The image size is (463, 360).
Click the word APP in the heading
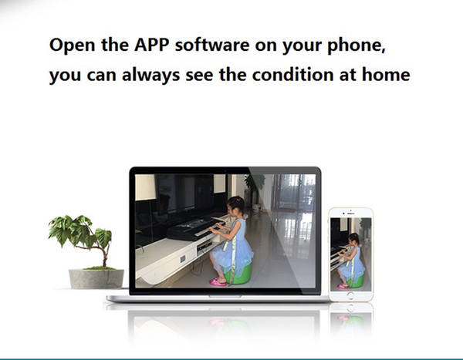coord(152,45)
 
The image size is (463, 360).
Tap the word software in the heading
coord(212,45)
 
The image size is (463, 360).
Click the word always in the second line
coord(151,75)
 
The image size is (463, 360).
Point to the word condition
coord(293,74)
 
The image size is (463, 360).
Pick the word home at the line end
coord(386,74)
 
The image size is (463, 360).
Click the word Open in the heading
coord(73,45)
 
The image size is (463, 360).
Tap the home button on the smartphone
coord(350,295)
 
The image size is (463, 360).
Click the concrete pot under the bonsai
coord(96,278)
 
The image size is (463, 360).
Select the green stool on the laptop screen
coord(238,274)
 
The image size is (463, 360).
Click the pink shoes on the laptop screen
coord(218,282)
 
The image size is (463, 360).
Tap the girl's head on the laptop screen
coord(235,205)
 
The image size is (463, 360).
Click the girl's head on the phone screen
coord(353,238)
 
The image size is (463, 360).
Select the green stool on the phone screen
coord(356,281)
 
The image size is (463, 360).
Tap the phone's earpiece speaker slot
coord(351,214)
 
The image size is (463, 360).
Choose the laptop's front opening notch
coord(225,296)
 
